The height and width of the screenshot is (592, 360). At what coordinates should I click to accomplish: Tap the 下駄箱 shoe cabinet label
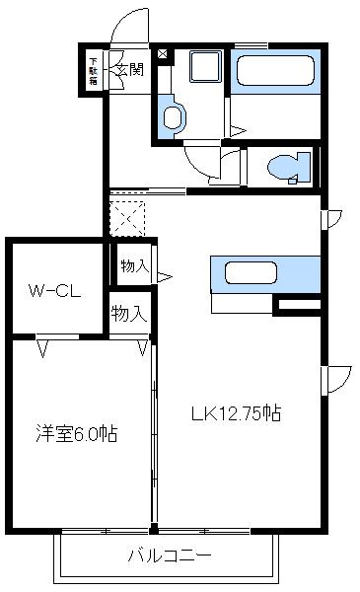click(93, 70)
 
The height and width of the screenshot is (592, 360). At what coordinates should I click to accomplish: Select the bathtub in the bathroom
click(275, 72)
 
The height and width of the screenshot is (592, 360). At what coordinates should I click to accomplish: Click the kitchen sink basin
click(251, 272)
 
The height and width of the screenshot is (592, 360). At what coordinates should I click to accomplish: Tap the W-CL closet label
click(52, 291)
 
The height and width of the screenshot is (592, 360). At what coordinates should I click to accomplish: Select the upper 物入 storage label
click(134, 265)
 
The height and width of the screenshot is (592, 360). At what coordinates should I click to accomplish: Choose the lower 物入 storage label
click(129, 314)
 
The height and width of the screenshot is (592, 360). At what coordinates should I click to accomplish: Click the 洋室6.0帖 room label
click(77, 432)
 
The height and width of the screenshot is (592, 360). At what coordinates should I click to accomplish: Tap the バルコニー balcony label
click(169, 555)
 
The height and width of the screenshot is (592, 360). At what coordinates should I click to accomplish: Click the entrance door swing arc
click(123, 27)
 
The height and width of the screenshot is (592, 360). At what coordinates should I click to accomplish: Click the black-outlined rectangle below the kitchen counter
click(298, 306)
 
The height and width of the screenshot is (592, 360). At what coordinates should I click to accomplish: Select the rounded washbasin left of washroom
click(174, 117)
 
